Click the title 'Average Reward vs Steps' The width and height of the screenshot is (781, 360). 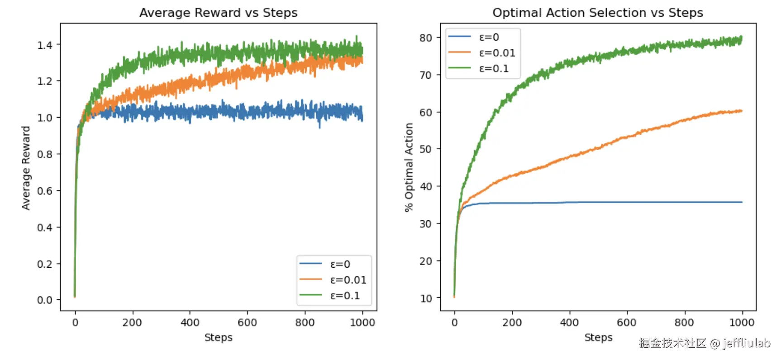click(x=218, y=13)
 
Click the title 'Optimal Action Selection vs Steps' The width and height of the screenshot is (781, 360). click(x=597, y=13)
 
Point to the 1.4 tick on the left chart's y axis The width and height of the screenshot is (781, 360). click(x=45, y=45)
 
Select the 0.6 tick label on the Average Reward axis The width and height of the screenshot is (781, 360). click(x=45, y=191)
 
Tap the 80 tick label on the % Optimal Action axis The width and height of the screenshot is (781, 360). click(x=425, y=38)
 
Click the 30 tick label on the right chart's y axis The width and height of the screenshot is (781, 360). click(x=425, y=224)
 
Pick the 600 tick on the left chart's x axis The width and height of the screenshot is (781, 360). click(x=247, y=322)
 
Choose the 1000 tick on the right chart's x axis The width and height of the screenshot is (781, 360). click(x=742, y=322)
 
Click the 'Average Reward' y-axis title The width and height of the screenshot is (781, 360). click(x=26, y=168)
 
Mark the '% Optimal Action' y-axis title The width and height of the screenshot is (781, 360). click(x=409, y=167)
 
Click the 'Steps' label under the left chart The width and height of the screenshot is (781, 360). click(x=218, y=337)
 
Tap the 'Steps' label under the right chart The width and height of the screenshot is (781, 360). click(x=598, y=337)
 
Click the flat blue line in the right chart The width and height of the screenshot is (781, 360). click(x=633, y=202)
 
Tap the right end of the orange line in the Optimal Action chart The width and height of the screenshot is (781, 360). click(x=741, y=111)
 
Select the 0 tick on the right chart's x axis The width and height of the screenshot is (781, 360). click(x=454, y=322)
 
